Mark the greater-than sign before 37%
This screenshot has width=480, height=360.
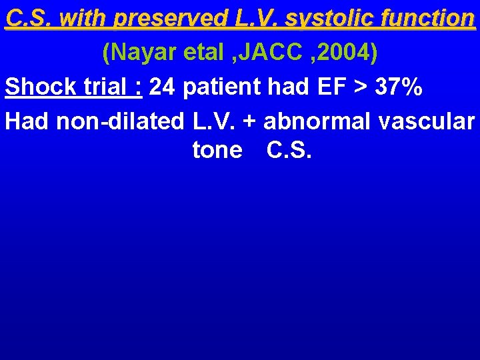(x=367, y=87)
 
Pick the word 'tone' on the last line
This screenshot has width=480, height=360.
(x=217, y=151)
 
